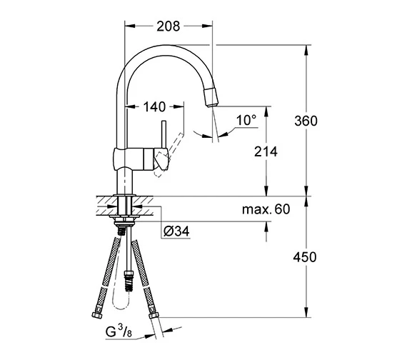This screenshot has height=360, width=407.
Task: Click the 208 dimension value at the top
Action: (169, 26)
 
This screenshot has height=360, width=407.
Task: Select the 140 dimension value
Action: (154, 106)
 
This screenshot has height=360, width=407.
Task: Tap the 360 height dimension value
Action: (306, 121)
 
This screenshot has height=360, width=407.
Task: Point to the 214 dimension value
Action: (266, 151)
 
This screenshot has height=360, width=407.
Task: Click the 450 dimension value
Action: (305, 257)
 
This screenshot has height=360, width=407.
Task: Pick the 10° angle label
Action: (246, 120)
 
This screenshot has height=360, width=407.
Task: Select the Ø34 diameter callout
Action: (176, 231)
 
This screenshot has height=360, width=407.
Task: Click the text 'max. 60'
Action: (266, 209)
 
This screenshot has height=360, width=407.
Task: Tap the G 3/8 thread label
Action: (119, 331)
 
